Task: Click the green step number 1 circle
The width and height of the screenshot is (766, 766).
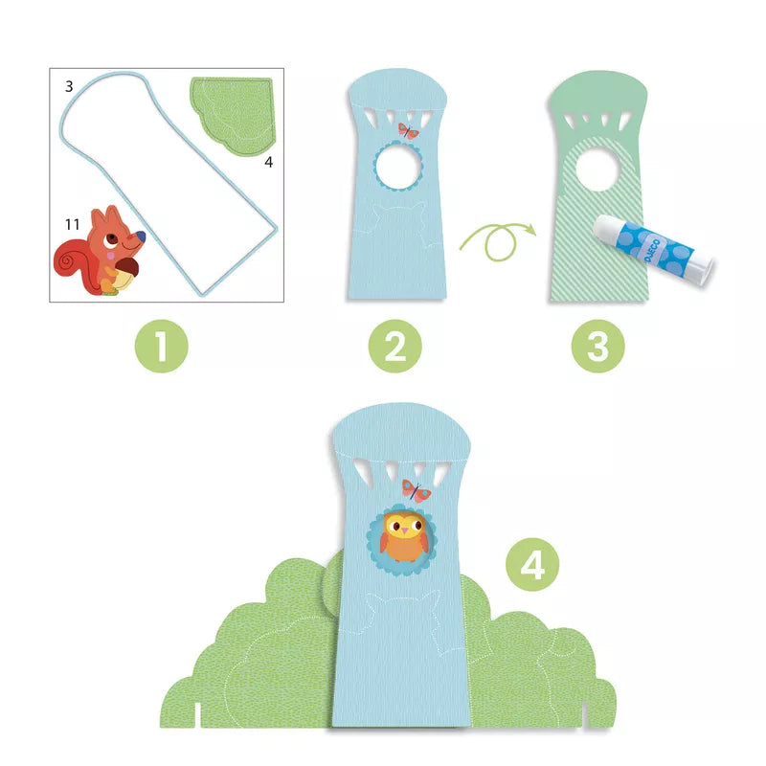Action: pyautogui.click(x=161, y=346)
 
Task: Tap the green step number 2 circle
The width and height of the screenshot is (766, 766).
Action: pyautogui.click(x=394, y=346)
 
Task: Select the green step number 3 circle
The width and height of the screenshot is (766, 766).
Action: pyautogui.click(x=597, y=346)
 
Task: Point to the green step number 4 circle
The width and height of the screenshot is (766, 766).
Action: pyautogui.click(x=532, y=565)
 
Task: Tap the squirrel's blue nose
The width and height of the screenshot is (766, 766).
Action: pyautogui.click(x=140, y=237)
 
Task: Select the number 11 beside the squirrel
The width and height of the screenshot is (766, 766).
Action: pyautogui.click(x=73, y=224)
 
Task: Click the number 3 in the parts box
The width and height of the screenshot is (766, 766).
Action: pyautogui.click(x=69, y=86)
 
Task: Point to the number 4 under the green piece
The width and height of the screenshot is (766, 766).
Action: pyautogui.click(x=268, y=162)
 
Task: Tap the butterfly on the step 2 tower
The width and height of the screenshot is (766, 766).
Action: pyautogui.click(x=409, y=131)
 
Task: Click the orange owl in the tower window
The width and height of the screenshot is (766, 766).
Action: pyautogui.click(x=404, y=535)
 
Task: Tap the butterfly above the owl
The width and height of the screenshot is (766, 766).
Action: pyautogui.click(x=417, y=490)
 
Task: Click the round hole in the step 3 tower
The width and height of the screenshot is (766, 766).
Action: pyautogui.click(x=597, y=169)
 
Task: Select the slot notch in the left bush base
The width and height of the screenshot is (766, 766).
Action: pyautogui.click(x=197, y=715)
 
